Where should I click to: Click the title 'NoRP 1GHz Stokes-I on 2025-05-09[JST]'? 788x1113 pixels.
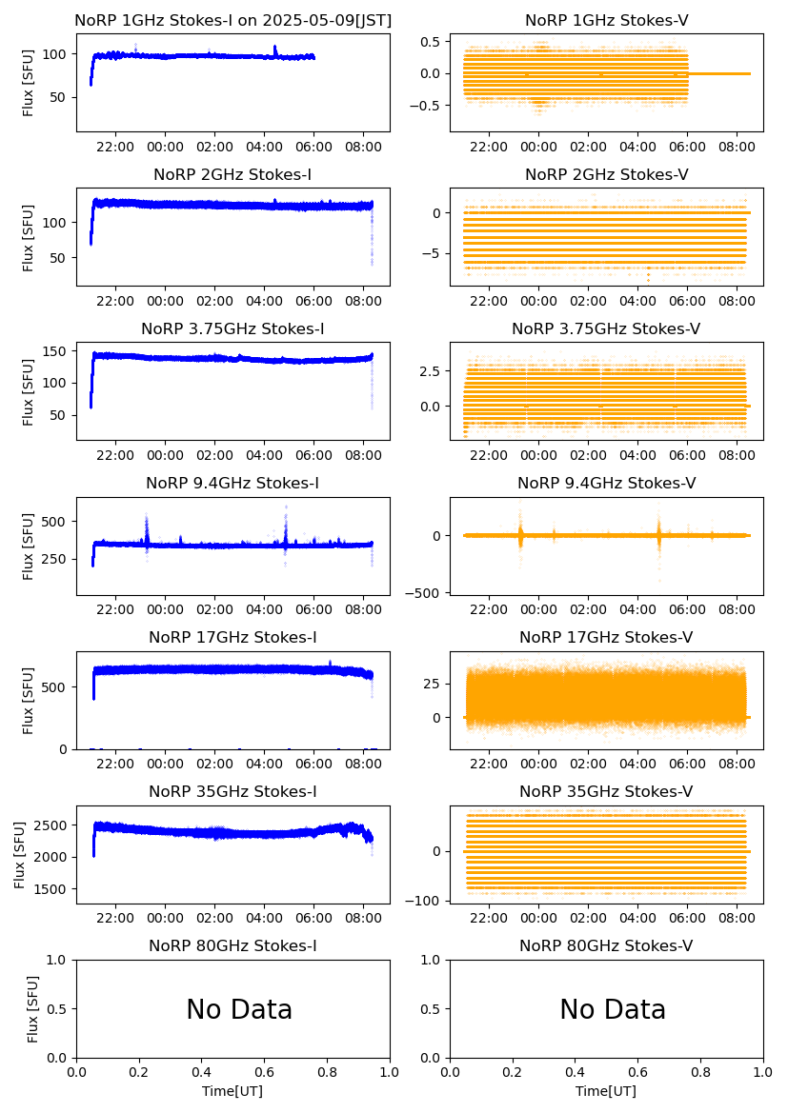click(232, 20)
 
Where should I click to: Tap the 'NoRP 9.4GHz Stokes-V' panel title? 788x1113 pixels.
click(606, 483)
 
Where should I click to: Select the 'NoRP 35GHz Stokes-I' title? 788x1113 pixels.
click(232, 791)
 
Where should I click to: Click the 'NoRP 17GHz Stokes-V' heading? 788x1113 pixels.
click(606, 637)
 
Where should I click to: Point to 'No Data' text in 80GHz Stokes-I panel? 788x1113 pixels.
click(239, 1009)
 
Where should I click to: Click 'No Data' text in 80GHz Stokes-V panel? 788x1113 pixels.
click(613, 1009)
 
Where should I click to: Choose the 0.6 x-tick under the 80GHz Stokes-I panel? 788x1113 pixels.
click(264, 1073)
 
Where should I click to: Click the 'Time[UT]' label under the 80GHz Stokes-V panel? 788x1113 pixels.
click(606, 1091)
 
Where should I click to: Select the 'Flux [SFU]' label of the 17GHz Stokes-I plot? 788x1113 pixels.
click(29, 700)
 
